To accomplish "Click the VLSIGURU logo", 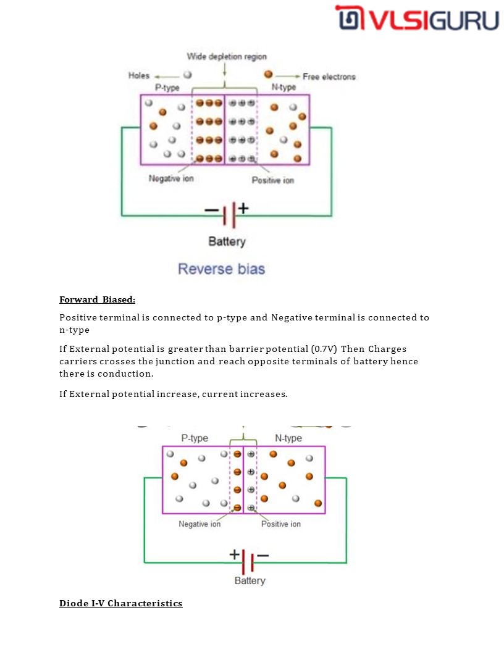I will coord(417,19).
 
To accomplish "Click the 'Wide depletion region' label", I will coord(227,57).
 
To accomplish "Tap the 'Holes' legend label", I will coord(139,75).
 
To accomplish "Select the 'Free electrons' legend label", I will coord(329,77).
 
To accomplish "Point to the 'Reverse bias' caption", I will coord(221,269).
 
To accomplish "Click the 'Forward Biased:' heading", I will coord(97,300).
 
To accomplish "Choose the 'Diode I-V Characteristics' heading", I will coord(121,603).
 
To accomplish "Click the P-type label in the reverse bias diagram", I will coord(167,88).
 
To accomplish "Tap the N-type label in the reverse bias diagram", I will coord(283,88).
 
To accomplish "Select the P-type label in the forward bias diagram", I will coord(195,438).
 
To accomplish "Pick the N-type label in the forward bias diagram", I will coord(288,438).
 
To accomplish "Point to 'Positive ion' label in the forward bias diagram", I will coord(281,524).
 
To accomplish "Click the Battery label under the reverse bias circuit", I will coord(227,241).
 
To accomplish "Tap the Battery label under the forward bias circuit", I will coord(250,580).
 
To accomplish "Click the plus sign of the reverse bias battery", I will coord(243,208).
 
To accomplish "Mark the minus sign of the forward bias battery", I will coord(263,555).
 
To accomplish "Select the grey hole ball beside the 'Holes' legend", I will coord(187,75).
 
